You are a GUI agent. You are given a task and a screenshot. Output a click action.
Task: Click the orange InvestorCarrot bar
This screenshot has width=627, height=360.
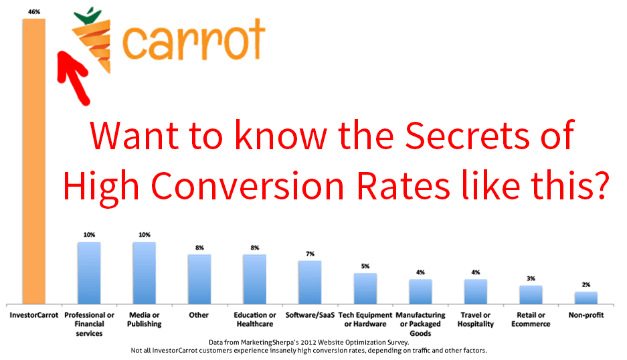pyautogui.click(x=34, y=161)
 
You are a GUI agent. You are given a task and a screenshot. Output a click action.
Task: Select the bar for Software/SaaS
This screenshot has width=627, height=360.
pyautogui.click(x=310, y=282)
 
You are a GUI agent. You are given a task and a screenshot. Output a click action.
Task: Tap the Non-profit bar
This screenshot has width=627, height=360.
pyautogui.click(x=586, y=298)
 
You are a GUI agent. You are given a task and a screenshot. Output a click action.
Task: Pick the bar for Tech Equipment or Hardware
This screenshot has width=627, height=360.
pyautogui.click(x=365, y=288)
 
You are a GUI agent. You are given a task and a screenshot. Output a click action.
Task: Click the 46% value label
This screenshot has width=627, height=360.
pyautogui.click(x=34, y=12)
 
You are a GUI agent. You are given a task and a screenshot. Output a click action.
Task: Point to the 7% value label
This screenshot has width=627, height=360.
pyautogui.click(x=310, y=254)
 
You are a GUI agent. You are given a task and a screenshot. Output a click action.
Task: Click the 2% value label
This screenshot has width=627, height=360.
pyautogui.click(x=586, y=285)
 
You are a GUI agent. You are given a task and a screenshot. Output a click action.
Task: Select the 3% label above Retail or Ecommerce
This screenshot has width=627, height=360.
pyautogui.click(x=531, y=278)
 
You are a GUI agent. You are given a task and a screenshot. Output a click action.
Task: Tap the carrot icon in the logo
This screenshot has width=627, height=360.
pyautogui.click(x=92, y=40)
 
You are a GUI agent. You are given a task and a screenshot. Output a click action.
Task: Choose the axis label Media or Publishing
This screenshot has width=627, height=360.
pyautogui.click(x=145, y=320)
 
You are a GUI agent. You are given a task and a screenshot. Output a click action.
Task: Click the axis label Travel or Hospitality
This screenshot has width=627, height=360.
pyautogui.click(x=476, y=320)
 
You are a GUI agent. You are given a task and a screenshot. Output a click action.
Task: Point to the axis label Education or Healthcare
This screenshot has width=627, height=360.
pyautogui.click(x=255, y=320)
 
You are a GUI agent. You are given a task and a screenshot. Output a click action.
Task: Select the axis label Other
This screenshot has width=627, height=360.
pyautogui.click(x=199, y=315)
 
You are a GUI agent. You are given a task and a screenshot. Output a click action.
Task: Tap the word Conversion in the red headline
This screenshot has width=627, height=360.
pyautogui.click(x=247, y=187)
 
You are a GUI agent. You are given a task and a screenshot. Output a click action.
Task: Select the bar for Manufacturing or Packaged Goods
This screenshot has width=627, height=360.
pyautogui.click(x=420, y=292)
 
